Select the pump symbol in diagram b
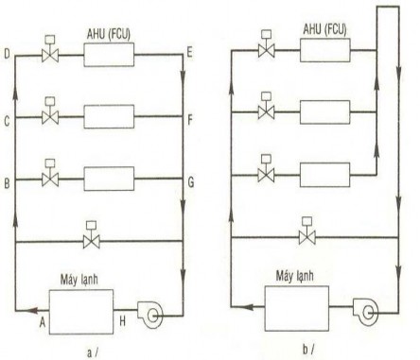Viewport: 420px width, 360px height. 364,308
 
